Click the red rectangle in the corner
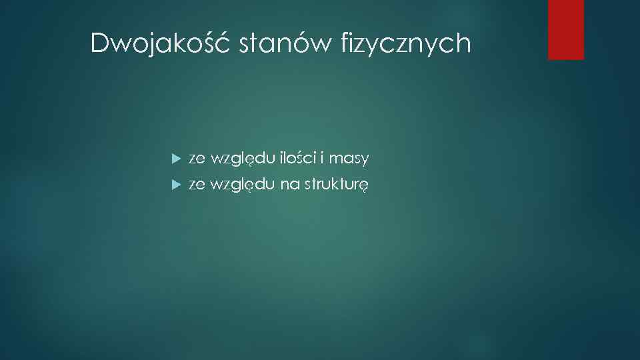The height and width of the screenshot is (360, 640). tap(565, 29)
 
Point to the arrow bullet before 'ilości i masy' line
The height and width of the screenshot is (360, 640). tap(176, 159)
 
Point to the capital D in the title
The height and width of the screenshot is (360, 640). tap(99, 44)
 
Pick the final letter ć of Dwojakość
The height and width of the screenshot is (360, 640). tap(225, 43)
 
